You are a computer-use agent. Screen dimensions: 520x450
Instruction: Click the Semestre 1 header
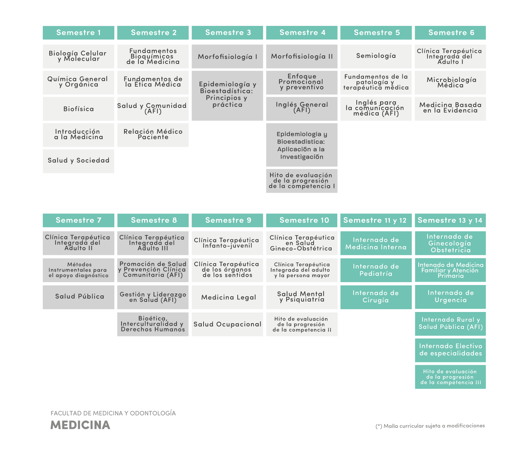point(78,33)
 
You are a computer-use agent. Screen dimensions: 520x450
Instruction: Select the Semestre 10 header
point(302,220)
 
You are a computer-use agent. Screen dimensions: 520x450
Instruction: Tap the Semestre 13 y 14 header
point(450,220)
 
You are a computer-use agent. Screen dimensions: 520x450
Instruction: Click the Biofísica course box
point(78,109)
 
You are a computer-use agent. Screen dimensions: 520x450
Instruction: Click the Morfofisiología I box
point(227,56)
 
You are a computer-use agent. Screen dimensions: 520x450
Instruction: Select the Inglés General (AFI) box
point(302,109)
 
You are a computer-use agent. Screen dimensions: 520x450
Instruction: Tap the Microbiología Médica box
point(450,83)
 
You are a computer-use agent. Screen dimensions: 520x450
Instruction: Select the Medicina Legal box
point(227,297)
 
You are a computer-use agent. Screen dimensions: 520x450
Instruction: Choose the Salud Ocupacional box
point(227,324)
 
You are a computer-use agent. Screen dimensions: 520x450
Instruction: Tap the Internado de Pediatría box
point(376,270)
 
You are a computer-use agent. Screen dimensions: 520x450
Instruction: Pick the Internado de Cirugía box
point(376,297)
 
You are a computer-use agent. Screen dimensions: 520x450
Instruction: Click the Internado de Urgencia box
point(450,297)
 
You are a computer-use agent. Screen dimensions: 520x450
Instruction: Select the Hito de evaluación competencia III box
point(450,377)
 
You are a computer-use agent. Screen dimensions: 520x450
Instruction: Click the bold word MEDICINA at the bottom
point(80,425)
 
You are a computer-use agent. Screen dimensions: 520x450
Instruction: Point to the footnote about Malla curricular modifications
point(430,426)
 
